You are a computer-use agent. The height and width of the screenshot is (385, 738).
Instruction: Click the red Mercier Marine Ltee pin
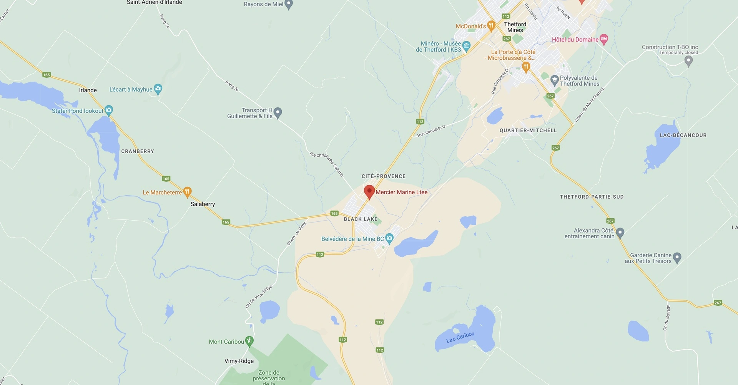(369, 191)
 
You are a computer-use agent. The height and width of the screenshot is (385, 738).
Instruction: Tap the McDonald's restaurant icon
(491, 26)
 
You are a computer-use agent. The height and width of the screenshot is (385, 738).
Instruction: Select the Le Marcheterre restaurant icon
(187, 191)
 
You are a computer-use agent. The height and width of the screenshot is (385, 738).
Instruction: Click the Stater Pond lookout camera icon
(109, 110)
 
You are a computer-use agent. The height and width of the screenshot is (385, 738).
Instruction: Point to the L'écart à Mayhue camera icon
(158, 89)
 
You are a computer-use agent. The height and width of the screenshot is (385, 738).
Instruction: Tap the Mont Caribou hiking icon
(249, 341)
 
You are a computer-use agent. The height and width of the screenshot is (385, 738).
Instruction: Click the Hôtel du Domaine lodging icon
(604, 39)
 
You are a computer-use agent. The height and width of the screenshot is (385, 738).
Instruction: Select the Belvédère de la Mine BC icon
(389, 238)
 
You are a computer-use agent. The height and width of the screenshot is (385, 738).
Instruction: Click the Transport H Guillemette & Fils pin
(278, 112)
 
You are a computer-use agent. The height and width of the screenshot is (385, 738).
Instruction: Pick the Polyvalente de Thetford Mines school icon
(554, 80)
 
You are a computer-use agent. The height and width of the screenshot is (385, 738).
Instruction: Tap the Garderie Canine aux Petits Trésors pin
(677, 257)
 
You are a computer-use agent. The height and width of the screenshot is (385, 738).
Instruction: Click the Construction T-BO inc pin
(689, 60)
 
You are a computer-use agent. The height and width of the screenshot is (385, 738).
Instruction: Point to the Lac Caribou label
(460, 337)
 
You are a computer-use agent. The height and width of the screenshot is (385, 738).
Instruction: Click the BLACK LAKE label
(361, 219)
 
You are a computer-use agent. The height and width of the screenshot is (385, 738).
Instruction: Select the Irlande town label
(88, 90)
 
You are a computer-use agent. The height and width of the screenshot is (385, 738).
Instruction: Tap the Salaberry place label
(203, 204)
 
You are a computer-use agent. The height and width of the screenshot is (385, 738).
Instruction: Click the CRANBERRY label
(138, 151)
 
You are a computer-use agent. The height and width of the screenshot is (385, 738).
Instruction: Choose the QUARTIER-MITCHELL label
(528, 131)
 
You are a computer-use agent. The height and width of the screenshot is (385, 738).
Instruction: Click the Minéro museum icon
(466, 46)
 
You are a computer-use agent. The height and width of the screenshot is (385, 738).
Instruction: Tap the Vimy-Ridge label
(239, 361)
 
